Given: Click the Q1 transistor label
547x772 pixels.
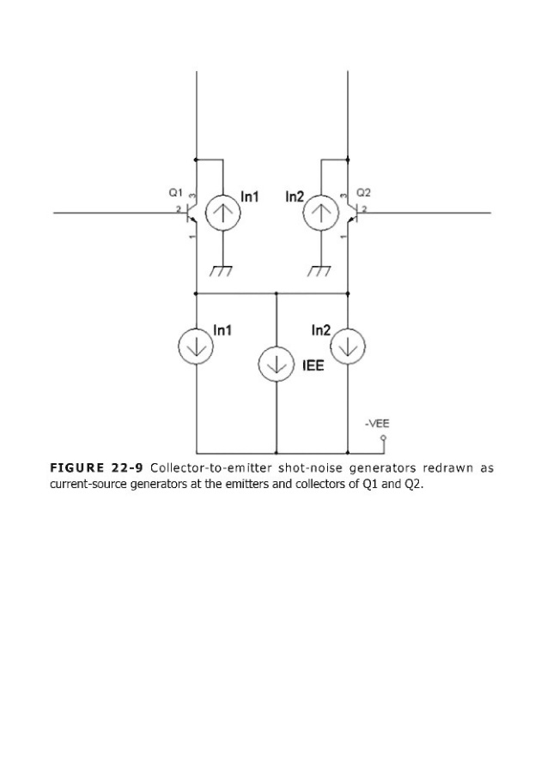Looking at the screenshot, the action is tap(176, 192).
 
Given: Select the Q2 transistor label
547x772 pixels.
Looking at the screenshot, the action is tap(363, 192).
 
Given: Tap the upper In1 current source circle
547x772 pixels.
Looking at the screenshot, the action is tap(222, 213).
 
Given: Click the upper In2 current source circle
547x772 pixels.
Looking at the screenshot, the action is tap(321, 213).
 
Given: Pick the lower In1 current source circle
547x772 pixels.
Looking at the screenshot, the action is tap(196, 347).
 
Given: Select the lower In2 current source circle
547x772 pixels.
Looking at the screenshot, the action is tap(348, 347).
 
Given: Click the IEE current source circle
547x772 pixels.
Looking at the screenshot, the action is tap(277, 364).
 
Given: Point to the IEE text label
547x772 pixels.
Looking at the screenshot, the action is tap(313, 365).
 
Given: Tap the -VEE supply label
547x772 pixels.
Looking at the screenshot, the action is tap(377, 424).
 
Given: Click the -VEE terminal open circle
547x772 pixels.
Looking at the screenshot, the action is tap(384, 437).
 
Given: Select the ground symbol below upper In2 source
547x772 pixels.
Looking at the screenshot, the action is tap(319, 271).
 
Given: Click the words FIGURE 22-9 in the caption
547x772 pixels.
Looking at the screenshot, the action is tap(97, 467).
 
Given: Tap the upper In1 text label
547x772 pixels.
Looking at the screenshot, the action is tap(250, 197).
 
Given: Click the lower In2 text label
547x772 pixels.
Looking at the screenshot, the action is tap(321, 330).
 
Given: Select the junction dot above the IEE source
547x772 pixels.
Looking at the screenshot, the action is tap(277, 293).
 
